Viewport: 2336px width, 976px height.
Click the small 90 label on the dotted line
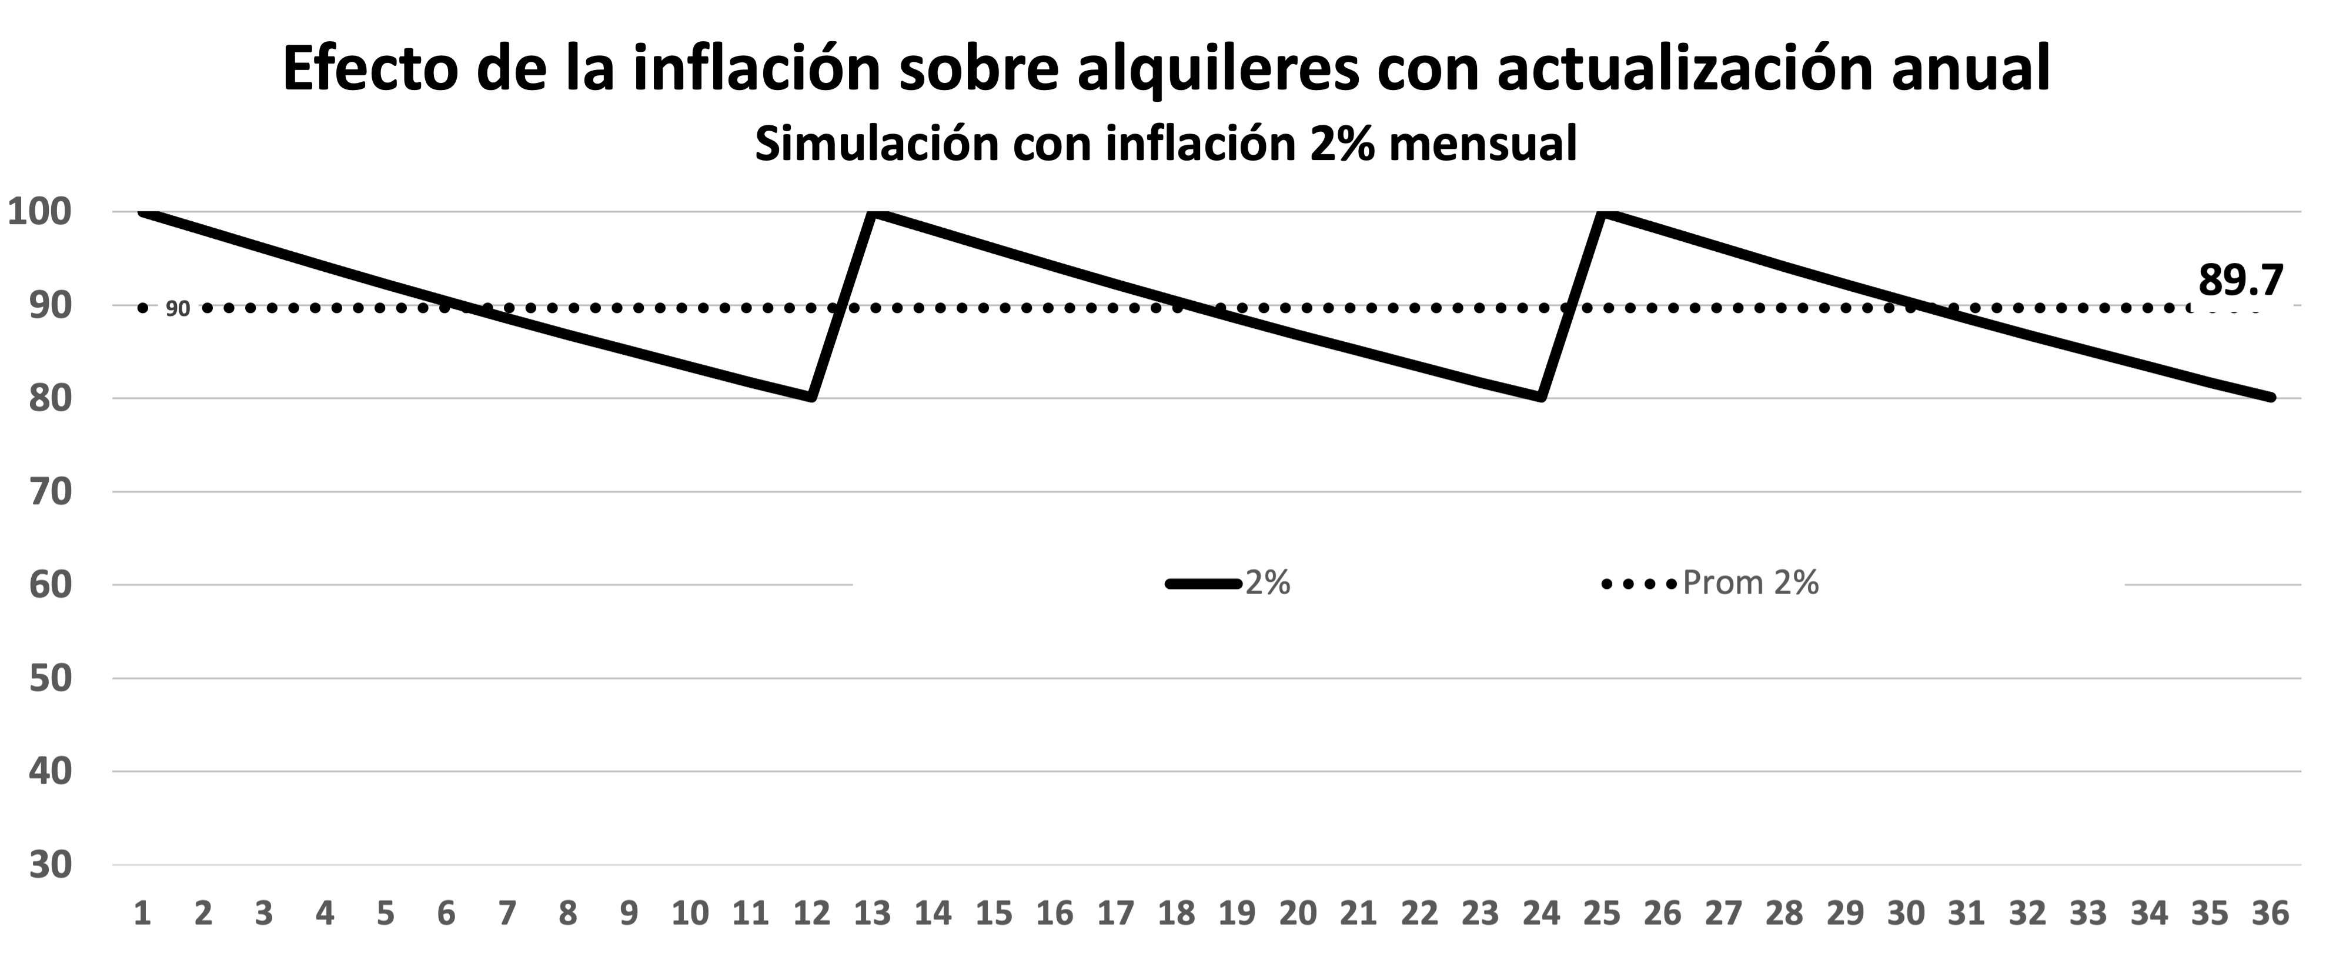178,309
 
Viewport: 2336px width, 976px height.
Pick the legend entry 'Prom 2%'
1750,582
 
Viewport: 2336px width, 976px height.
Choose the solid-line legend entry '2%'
1268,582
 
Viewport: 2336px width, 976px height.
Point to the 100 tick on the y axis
38,212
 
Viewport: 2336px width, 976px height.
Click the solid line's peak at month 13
873,213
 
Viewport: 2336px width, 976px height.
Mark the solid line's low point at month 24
1542,397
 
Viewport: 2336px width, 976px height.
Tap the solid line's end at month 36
2271,397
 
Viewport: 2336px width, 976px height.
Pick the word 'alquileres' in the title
1218,69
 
